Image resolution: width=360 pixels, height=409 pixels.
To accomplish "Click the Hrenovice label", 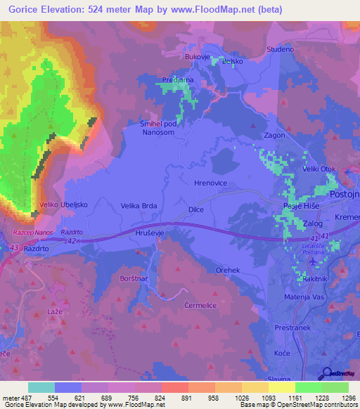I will pyautogui.click(x=209, y=182).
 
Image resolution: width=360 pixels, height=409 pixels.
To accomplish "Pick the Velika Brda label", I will pyautogui.click(x=139, y=206).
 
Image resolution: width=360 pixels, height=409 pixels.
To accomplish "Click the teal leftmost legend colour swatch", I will pyautogui.click(x=41, y=387).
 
